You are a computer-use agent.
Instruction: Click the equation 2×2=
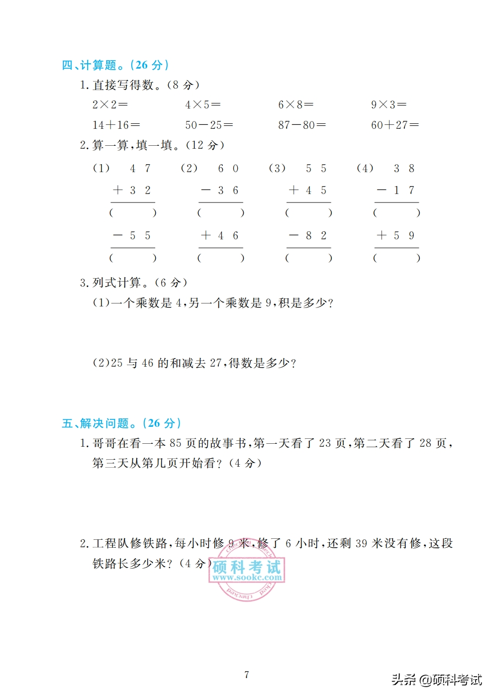point(110,104)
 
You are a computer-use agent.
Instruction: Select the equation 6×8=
point(296,104)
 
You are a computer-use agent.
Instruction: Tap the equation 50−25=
point(209,125)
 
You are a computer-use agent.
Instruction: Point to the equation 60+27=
point(395,125)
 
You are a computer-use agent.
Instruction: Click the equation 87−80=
point(302,125)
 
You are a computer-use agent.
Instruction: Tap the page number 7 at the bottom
point(247,675)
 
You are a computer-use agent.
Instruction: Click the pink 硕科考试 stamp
point(247,571)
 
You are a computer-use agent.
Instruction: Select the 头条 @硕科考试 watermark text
point(436,680)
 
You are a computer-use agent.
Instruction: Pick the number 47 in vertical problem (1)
point(140,169)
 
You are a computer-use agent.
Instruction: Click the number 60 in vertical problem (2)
point(228,169)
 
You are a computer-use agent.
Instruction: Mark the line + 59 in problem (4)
point(396,235)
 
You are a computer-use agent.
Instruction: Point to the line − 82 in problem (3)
point(308,235)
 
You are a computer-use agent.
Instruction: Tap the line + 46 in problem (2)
point(220,235)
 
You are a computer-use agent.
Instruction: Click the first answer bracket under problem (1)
point(133,213)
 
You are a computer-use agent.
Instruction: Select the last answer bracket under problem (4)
point(396,258)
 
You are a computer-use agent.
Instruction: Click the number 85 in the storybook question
point(176,443)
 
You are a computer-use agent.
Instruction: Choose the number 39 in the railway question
point(361,543)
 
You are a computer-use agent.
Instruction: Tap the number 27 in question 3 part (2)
point(215,363)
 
